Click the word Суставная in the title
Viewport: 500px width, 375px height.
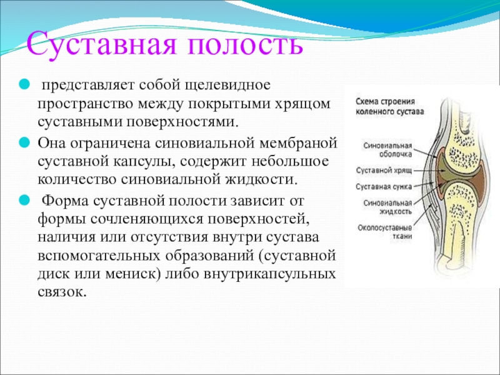(x=102, y=44)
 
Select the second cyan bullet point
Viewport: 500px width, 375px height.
(x=24, y=142)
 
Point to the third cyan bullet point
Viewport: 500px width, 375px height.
(x=24, y=201)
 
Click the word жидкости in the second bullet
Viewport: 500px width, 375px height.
(x=261, y=179)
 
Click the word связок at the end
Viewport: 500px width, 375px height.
(x=62, y=292)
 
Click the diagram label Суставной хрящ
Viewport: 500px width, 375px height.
(x=384, y=171)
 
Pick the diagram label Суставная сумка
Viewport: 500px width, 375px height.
(x=384, y=187)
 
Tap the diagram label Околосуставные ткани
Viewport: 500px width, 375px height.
(x=384, y=232)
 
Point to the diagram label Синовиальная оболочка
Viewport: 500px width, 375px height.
(x=387, y=150)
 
